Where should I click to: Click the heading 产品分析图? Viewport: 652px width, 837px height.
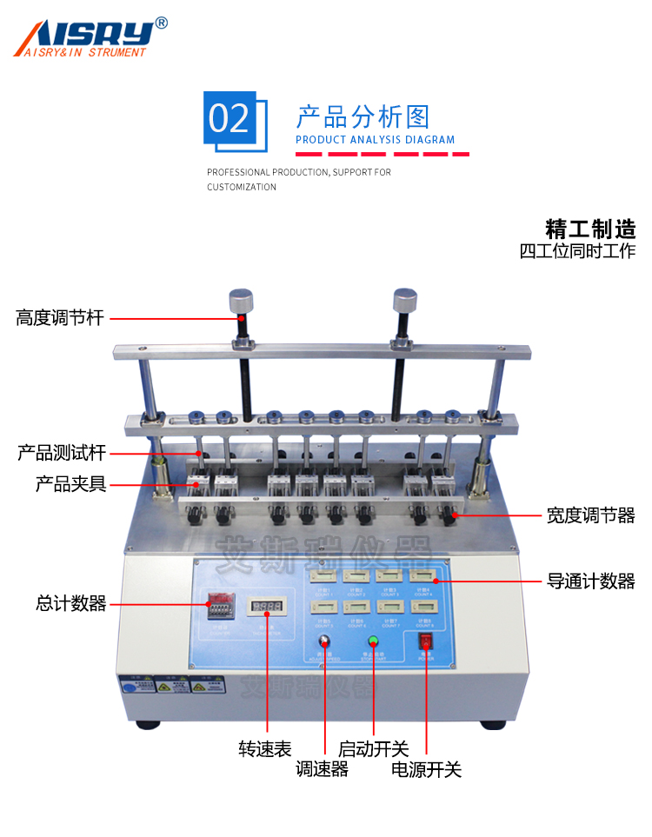pos(363,116)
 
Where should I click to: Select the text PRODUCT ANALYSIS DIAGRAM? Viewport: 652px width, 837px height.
pos(375,139)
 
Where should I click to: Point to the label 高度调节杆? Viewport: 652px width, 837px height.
pos(60,318)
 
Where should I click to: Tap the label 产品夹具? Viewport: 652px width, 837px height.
pos(70,484)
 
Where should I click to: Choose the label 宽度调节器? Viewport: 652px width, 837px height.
pos(590,515)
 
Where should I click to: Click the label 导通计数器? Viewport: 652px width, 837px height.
pos(590,581)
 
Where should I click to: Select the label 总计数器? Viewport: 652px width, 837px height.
pos(70,603)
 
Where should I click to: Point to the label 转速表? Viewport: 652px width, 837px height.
pos(265,748)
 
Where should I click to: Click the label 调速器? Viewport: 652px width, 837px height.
pos(323,769)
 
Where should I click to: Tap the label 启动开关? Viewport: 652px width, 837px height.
pos(374,748)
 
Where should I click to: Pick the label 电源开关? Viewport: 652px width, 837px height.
pos(426,769)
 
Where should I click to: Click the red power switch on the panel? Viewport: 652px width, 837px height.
pos(426,642)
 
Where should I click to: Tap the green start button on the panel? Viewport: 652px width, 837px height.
pos(374,642)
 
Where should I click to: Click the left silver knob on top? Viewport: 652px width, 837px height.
pos(241,302)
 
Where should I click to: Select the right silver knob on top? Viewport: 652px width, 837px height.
pos(404,302)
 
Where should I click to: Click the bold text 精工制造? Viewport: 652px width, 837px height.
pos(590,229)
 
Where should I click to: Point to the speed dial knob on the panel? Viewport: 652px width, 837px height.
pos(324,642)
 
